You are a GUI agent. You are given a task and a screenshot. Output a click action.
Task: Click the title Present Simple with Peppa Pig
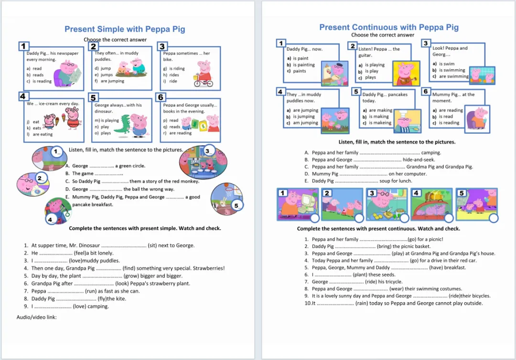pyautogui.click(x=125, y=30)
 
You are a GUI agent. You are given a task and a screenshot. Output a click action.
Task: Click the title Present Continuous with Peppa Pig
pyautogui.click(x=389, y=27)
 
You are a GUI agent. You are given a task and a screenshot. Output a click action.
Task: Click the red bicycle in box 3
pyautogui.click(x=204, y=81)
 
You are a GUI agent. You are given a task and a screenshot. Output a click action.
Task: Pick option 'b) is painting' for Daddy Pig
pyautogui.click(x=301, y=65)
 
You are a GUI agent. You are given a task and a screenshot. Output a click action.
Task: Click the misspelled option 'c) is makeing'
pyautogui.click(x=377, y=123)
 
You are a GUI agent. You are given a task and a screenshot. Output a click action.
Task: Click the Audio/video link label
pyautogui.click(x=37, y=317)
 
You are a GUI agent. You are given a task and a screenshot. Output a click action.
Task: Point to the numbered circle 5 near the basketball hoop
pyautogui.click(x=236, y=206)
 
